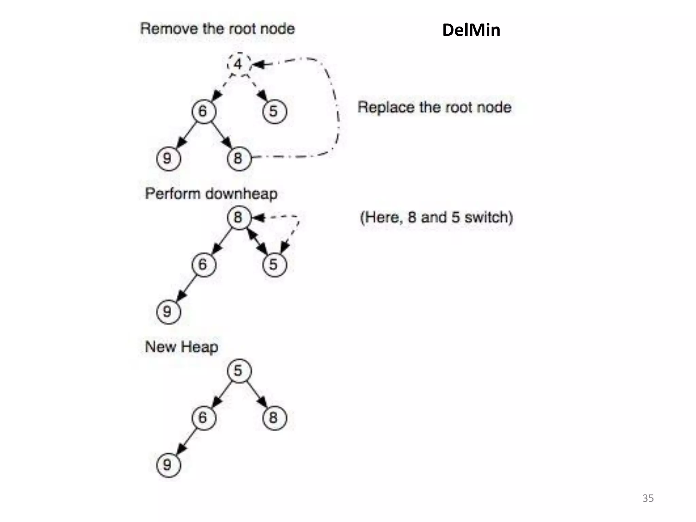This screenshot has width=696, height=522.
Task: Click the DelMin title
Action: (x=471, y=30)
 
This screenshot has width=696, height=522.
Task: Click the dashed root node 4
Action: (x=239, y=64)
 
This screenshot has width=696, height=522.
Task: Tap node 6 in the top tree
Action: (x=204, y=111)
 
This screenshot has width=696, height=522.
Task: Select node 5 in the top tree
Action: (x=274, y=111)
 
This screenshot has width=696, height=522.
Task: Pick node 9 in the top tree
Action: (x=168, y=158)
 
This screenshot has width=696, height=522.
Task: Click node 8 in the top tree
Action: (x=239, y=158)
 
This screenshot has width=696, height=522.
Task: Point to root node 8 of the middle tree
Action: (x=239, y=217)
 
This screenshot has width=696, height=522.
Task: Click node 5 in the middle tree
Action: (x=274, y=265)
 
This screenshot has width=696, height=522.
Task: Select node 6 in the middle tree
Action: (x=204, y=265)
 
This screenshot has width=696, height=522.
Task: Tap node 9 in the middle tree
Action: (x=168, y=312)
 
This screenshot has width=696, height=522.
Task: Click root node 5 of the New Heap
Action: (x=239, y=371)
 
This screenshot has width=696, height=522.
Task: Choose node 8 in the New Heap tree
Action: (x=274, y=418)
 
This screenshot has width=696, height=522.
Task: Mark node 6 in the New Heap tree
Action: (x=204, y=418)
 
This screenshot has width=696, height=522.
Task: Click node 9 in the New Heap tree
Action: (x=168, y=465)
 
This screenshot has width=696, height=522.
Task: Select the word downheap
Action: (x=241, y=194)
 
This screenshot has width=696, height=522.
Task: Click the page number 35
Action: (x=648, y=498)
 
